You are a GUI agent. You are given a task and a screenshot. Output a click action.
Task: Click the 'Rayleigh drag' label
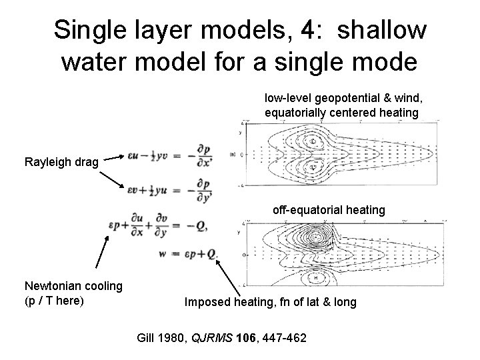pyautogui.click(x=61, y=161)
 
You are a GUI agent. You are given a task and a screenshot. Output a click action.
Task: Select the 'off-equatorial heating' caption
pyautogui.click(x=329, y=210)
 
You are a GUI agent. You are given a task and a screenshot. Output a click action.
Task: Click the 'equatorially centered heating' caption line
pyautogui.click(x=341, y=112)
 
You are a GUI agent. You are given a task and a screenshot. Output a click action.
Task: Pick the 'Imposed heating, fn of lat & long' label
pyautogui.click(x=270, y=302)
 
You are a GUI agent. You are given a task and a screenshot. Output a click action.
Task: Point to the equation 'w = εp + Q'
pyautogui.click(x=194, y=254)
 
